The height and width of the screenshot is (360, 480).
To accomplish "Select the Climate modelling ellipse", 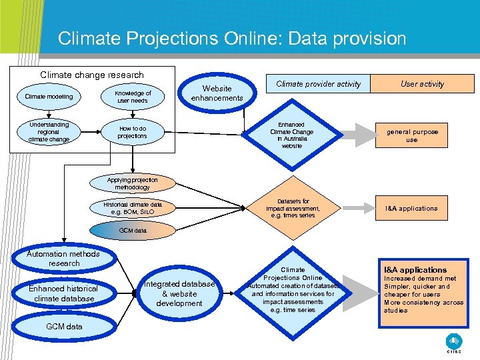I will coord(49,97).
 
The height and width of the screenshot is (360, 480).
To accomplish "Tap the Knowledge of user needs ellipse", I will coord(133,97).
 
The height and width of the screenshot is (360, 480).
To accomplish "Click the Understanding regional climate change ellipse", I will coord(49,131).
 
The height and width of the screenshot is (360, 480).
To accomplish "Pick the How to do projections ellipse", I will coord(132,132).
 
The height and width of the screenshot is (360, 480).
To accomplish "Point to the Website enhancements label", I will coord(217,93).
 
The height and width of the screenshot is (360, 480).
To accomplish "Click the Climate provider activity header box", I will coord(318,84).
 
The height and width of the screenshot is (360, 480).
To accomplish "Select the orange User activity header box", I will coord(422,84).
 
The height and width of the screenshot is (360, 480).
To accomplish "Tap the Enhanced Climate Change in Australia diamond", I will coord(291,135).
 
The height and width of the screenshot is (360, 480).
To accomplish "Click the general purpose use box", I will coord(412,136).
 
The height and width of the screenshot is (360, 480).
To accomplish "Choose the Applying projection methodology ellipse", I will coord(133,184).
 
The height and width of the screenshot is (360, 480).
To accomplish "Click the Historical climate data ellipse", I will coord(133,208).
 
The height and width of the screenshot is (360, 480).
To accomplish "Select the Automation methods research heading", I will coord(63,259).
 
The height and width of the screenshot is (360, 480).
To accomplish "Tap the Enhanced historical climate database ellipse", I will coord(63,293).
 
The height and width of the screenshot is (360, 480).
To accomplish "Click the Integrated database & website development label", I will coord(179,294).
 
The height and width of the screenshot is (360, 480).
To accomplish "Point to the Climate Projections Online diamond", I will coord(293,290).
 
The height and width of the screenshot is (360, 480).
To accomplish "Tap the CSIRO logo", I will coord(453,341).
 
